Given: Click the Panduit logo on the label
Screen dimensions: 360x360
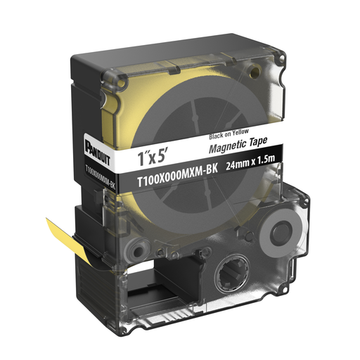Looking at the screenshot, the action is [x=98, y=153].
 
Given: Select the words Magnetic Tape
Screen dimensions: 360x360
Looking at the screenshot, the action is [x=238, y=144].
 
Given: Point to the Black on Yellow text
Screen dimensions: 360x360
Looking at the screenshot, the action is [x=229, y=134].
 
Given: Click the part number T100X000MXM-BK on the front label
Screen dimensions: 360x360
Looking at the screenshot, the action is [x=177, y=176].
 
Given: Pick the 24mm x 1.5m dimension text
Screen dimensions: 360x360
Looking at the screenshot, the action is [x=250, y=162].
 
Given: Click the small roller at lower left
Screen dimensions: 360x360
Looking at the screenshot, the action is [x=137, y=251].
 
